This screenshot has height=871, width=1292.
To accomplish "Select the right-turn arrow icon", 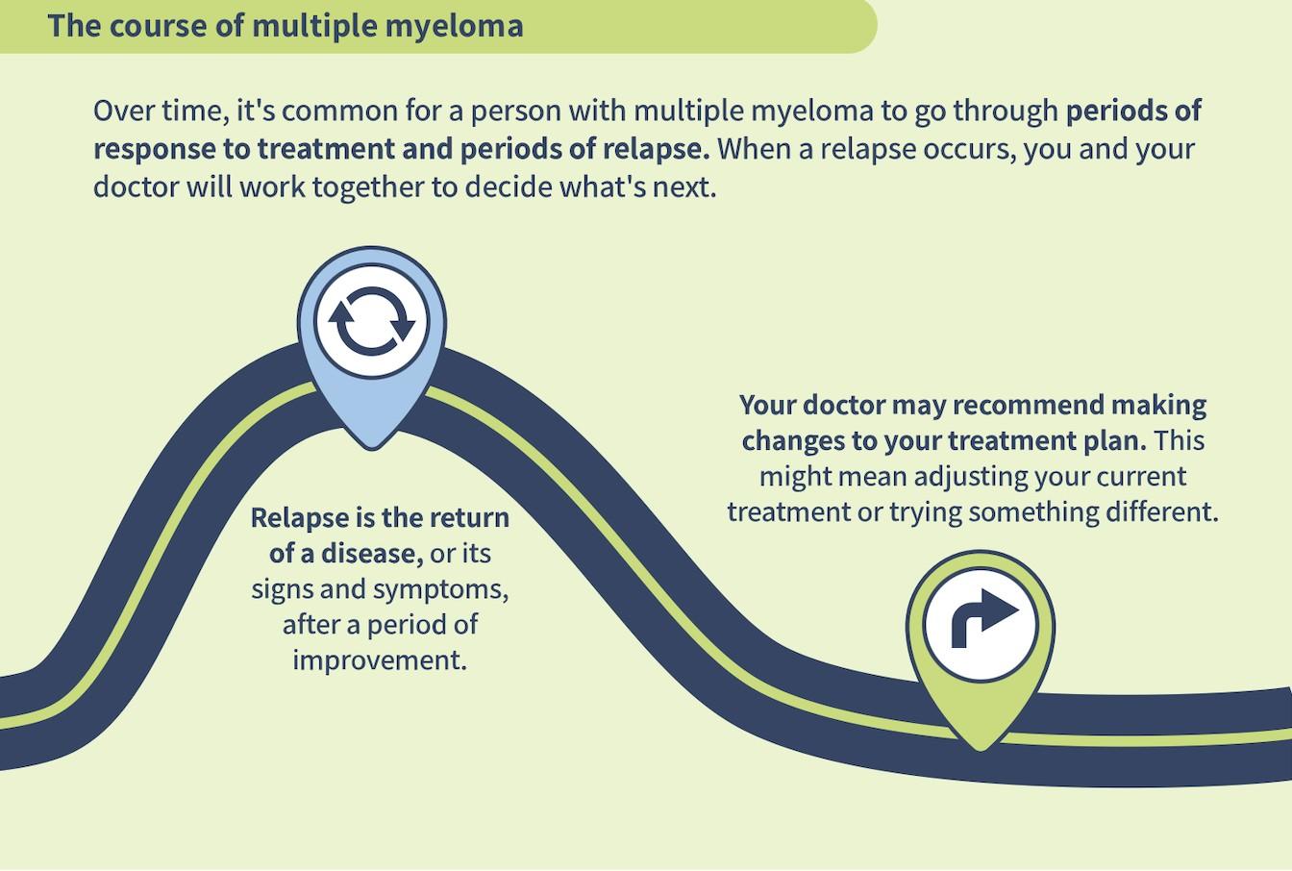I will coord(981,623).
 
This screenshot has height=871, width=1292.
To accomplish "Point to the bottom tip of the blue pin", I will coord(372,447).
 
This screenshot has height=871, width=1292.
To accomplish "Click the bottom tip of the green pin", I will coord(981,748).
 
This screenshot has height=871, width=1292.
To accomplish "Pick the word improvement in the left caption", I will coord(379,660).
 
